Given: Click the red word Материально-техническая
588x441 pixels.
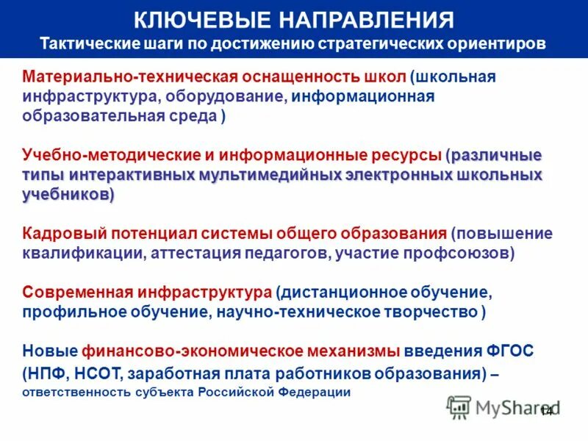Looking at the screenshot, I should [x=126, y=77].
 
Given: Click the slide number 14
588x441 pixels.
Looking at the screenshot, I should [x=546, y=411].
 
